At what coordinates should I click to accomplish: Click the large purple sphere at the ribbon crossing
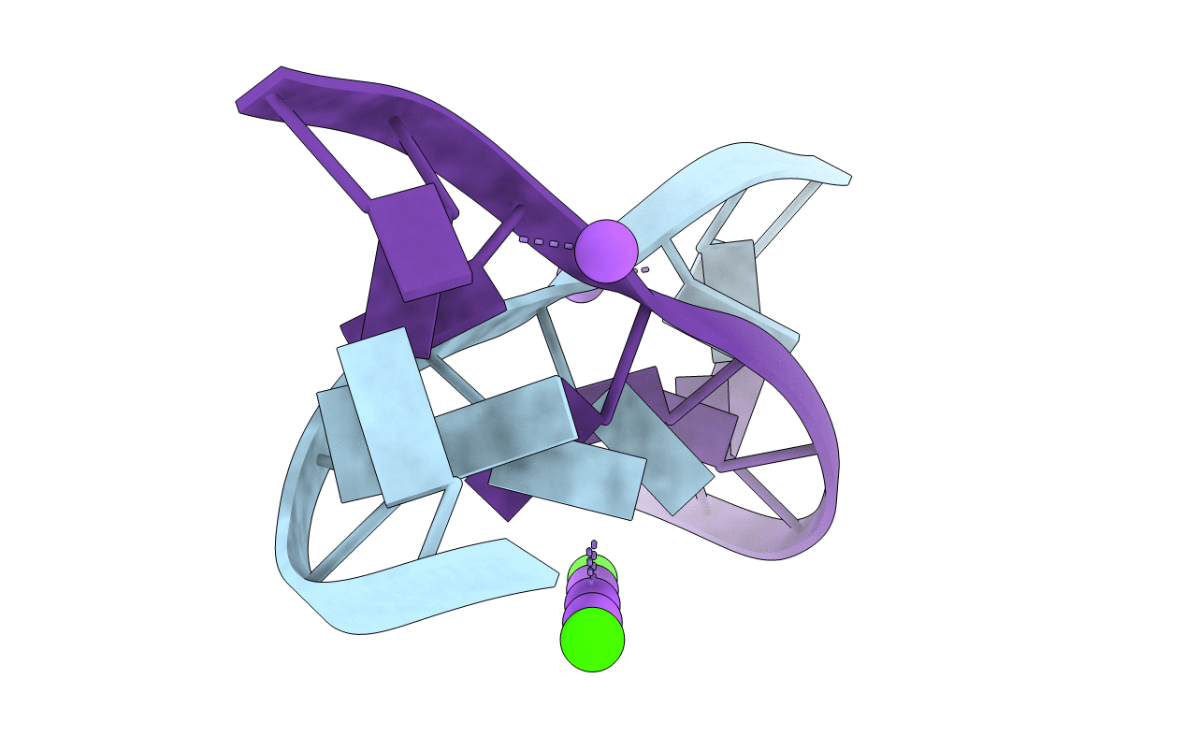[x=606, y=251]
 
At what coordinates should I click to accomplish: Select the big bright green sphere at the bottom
[x=592, y=639]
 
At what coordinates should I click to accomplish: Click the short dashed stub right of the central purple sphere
[x=643, y=269]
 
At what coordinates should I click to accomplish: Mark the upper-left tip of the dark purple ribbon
[x=245, y=101]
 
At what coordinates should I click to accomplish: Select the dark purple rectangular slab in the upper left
[x=416, y=240]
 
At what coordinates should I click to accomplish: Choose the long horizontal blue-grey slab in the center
[x=506, y=428]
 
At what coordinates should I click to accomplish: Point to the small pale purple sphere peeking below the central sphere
[x=583, y=293]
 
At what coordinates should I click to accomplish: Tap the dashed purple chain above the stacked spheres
[x=591, y=557]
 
